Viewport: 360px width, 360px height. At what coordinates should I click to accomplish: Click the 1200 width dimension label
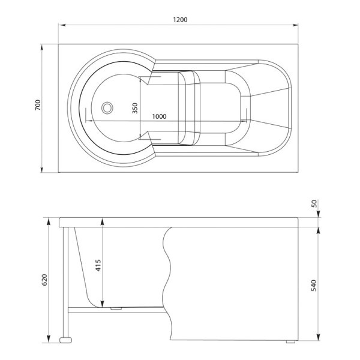point(181,19)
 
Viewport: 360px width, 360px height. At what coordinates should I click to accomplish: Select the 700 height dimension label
point(37,106)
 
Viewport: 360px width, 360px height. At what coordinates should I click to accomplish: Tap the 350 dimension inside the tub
point(135,108)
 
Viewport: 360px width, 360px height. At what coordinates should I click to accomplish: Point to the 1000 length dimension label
point(159,116)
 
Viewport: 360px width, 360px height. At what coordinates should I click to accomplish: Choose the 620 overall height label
point(44,280)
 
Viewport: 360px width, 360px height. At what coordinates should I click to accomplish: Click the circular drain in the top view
point(107,108)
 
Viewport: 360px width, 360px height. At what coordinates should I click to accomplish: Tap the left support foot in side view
point(65,341)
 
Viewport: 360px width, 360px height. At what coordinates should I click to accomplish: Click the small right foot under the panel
point(291,342)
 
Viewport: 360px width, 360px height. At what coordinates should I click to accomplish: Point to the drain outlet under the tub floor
point(116,310)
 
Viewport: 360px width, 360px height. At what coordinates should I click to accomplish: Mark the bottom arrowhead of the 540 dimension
point(319,339)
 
